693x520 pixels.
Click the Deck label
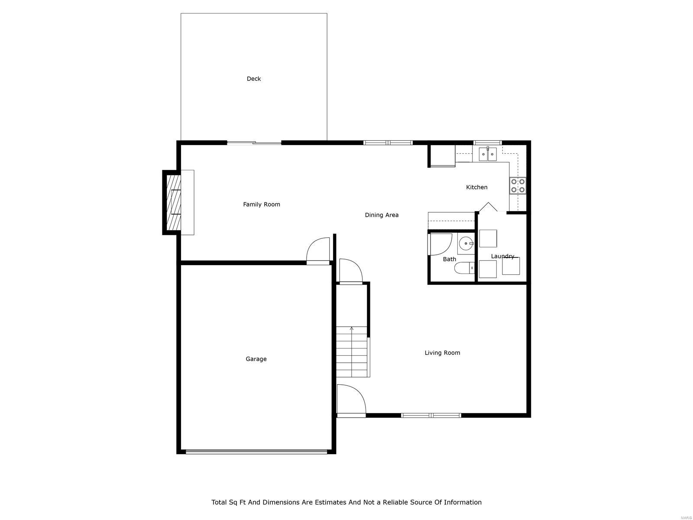pyautogui.click(x=254, y=79)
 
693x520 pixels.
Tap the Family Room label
pyautogui.click(x=261, y=205)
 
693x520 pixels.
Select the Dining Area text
pyautogui.click(x=381, y=215)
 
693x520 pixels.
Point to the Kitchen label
pyautogui.click(x=476, y=187)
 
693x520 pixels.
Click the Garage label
pyautogui.click(x=256, y=359)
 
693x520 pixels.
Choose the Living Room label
pyautogui.click(x=442, y=353)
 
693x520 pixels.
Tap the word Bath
pyautogui.click(x=449, y=259)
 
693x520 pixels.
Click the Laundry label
pyautogui.click(x=502, y=256)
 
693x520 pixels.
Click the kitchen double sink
pyautogui.click(x=488, y=154)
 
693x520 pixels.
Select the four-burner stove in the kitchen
pyautogui.click(x=518, y=185)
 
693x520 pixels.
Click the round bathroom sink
pyautogui.click(x=466, y=244)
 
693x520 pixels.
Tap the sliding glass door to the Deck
pyautogui.click(x=254, y=143)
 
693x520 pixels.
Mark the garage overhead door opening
pyautogui.click(x=256, y=452)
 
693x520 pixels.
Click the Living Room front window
pyautogui.click(x=431, y=415)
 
